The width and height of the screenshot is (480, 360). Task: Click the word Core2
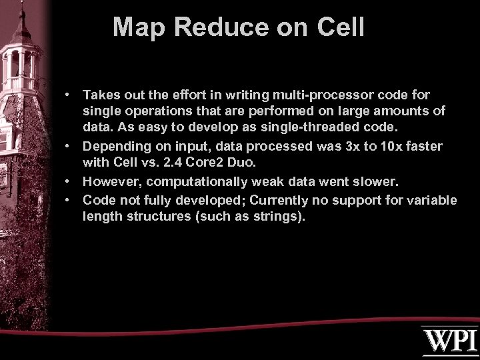pyautogui.click(x=218, y=161)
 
